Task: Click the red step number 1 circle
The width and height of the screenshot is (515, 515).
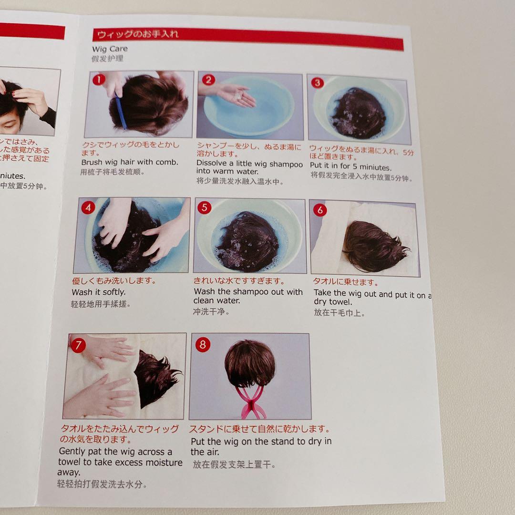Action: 98,80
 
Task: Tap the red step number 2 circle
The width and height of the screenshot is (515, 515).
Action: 208,80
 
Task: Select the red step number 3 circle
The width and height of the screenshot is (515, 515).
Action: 318,82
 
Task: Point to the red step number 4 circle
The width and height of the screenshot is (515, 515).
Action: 88,207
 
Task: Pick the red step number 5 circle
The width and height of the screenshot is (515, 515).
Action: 204,207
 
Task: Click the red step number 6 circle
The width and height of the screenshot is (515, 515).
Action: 320,210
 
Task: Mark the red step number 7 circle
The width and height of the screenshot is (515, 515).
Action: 78,345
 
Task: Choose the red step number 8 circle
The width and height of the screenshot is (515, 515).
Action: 203,345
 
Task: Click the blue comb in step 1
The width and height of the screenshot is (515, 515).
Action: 120,112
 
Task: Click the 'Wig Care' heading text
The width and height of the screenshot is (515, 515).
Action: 110,49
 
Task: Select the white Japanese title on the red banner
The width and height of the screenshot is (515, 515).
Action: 138,34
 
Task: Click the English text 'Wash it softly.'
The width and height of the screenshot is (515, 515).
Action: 99,292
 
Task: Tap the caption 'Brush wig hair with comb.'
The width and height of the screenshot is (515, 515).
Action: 130,162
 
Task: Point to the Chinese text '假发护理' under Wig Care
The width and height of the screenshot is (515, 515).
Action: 107,59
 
